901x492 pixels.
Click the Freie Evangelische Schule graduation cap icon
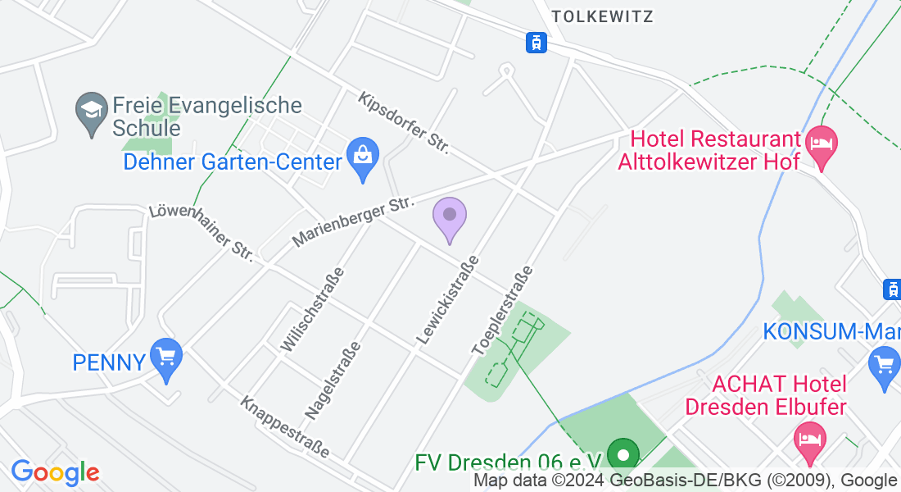90,111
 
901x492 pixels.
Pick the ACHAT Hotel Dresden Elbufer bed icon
809,435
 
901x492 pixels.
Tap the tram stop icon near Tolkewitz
536,41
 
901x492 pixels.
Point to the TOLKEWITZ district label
603,16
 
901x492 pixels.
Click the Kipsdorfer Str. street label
404,124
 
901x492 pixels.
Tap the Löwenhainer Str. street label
201,234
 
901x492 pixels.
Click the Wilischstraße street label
311,310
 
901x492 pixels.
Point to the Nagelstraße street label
333,380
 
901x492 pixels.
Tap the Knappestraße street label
285,428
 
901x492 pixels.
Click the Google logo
55,472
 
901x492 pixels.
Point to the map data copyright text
685,481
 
